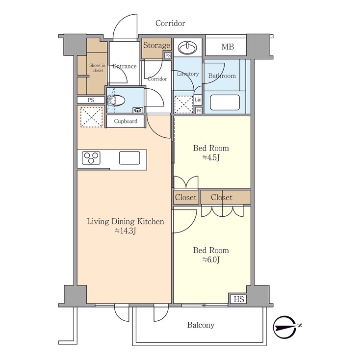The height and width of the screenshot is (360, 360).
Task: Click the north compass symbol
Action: [287, 326]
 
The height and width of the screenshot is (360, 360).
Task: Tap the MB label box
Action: [227, 47]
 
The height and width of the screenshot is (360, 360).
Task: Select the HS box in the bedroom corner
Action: [238, 299]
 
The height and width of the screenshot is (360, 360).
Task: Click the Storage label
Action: [156, 46]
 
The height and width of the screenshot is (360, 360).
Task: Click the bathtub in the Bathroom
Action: [225, 103]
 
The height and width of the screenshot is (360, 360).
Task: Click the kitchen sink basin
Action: [129, 157]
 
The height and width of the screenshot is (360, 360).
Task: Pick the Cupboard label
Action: [126, 121]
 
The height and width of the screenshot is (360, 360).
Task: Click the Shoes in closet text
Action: [97, 68]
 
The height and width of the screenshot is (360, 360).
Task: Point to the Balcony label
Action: [201, 325]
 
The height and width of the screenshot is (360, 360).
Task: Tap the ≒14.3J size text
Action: [125, 231]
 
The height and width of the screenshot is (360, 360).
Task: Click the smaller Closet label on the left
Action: [185, 198]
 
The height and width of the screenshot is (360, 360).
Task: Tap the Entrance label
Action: [124, 66]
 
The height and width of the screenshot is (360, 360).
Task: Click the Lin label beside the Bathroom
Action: [198, 100]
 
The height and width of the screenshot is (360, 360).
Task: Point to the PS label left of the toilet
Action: [91, 100]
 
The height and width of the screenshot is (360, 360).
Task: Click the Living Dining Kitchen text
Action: [125, 222]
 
